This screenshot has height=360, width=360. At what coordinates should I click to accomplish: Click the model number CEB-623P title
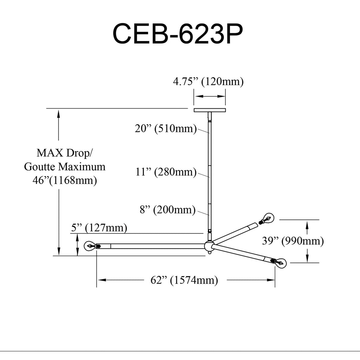pos(177,34)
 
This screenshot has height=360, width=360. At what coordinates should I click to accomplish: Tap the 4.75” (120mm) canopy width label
pos(208,82)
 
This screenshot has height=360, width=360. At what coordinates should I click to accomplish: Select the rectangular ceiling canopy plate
pos(210,110)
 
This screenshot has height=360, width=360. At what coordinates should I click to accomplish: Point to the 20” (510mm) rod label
pos(166,129)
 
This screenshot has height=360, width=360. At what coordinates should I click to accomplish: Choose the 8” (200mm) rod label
pos(168,210)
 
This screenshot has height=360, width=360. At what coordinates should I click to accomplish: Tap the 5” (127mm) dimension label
pos(99,228)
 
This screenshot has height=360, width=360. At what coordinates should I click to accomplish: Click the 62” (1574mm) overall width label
pos(184,280)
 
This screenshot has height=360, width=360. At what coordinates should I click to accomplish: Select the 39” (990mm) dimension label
pos(293,241)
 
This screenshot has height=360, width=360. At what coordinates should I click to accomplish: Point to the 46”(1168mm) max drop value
pos(65,180)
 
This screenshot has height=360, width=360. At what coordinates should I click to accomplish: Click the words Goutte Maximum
pos(65,167)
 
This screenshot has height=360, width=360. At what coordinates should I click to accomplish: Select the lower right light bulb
pos(279,262)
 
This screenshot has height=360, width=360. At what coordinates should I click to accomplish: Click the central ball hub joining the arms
pos(209,246)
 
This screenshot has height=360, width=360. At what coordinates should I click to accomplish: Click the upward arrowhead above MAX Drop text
pos(59,114)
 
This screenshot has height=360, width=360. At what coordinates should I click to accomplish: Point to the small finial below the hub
pos(209,252)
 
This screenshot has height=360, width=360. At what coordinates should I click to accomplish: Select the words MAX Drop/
pos(64,153)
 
